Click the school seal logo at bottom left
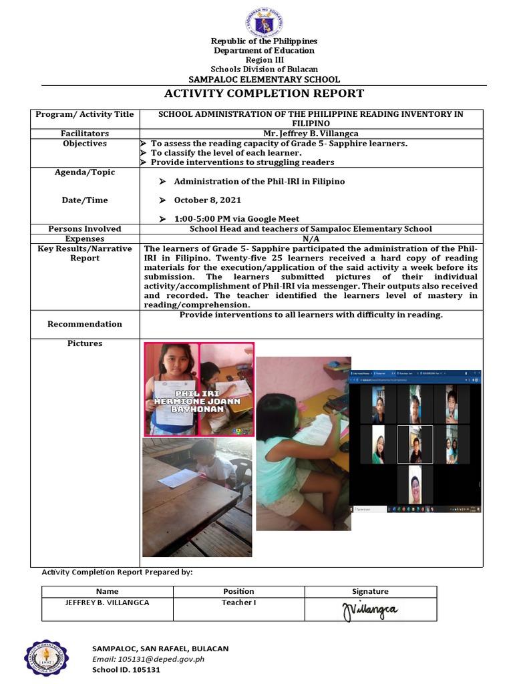point(46,658)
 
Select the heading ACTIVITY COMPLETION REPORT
point(264,94)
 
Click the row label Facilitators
point(85,134)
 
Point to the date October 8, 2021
point(208,200)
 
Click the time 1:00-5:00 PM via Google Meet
point(236,218)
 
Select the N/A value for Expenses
point(311,238)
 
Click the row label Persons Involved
point(85,228)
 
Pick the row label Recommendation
point(85,324)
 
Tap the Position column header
point(238,591)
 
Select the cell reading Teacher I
point(238,603)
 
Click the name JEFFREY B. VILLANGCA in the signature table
point(107,603)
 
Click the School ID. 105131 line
point(126,669)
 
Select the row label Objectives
point(85,144)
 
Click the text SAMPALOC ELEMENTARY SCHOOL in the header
point(264,79)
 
